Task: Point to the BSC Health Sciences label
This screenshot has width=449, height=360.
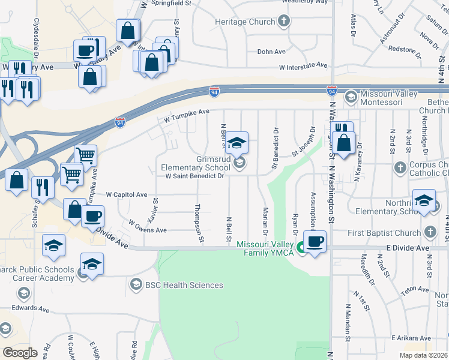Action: click(x=184, y=284)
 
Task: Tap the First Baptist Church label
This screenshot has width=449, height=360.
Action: click(x=390, y=233)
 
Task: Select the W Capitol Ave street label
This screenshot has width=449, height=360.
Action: click(x=126, y=195)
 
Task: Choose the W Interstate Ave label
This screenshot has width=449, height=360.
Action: click(x=303, y=65)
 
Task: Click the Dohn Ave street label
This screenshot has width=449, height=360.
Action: click(x=271, y=52)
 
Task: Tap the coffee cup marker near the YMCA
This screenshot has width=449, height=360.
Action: click(x=315, y=241)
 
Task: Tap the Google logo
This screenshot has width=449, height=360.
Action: click(x=20, y=353)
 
